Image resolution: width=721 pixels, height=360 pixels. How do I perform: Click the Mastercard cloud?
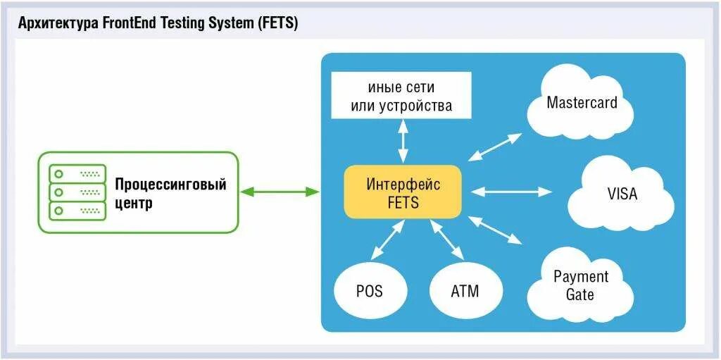point(582,104)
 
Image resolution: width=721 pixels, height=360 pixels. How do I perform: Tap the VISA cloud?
point(621,193)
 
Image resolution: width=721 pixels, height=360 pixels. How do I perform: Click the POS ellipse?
point(369,290)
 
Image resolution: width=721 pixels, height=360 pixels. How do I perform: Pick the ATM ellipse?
point(465,290)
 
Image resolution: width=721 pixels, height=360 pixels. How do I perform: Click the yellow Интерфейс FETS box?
point(403,192)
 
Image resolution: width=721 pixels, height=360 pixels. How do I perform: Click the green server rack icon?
point(77,192)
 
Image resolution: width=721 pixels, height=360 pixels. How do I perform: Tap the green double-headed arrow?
point(280,191)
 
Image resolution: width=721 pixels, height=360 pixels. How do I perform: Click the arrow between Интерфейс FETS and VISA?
point(511,191)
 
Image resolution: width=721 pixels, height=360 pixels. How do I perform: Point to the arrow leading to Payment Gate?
point(495,230)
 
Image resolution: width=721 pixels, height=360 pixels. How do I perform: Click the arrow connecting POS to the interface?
point(387,240)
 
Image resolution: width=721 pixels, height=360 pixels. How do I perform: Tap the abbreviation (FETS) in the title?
point(279,23)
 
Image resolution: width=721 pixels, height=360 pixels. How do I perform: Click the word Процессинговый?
point(171,185)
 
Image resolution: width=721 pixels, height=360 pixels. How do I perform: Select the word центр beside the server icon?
point(134,204)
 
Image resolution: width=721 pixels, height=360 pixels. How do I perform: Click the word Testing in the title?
point(177,23)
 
